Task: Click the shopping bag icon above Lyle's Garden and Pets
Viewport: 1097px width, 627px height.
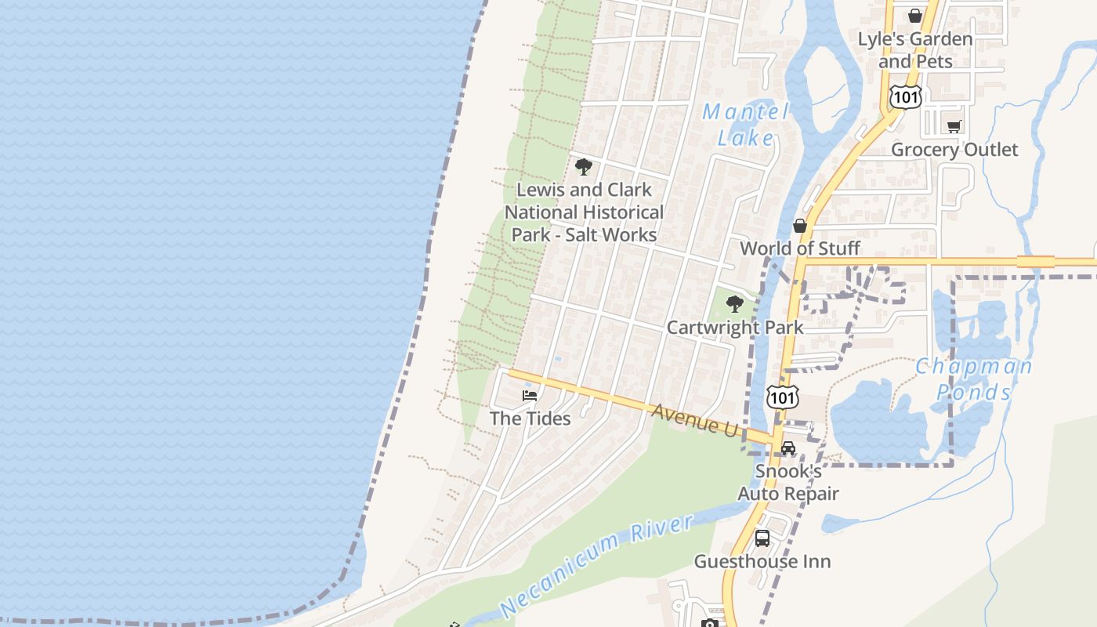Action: (914, 15)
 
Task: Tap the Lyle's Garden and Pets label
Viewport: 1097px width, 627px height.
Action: (914, 49)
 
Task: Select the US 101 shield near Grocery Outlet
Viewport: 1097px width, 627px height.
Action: (906, 96)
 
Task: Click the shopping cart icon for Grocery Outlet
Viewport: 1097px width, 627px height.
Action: (954, 126)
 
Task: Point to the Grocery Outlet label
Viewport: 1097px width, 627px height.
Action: (954, 149)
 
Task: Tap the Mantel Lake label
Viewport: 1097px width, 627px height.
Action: (745, 125)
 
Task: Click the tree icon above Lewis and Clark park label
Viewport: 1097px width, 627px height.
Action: (583, 166)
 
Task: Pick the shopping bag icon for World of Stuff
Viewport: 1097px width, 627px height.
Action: (799, 226)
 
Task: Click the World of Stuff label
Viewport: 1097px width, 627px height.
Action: (799, 248)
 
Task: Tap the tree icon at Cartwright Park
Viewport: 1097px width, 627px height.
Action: (734, 304)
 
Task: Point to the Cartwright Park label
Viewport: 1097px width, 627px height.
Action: (734, 327)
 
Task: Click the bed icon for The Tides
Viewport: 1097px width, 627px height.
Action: (530, 395)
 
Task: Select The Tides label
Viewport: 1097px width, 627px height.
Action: (530, 419)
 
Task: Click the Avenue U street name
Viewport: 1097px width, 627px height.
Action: (694, 420)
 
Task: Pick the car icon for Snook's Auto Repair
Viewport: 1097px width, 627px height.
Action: (787, 448)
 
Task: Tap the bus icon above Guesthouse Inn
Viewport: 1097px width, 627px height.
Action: (762, 538)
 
